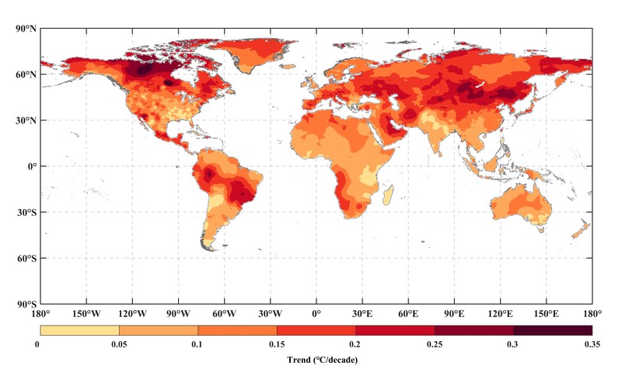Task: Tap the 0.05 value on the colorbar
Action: tap(118, 343)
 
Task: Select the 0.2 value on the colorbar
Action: tap(355, 343)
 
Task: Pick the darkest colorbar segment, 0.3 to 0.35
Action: tap(552, 330)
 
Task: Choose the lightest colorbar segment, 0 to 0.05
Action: tap(79, 330)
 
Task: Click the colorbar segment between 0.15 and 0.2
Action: tap(316, 330)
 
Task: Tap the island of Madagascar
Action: tap(388, 195)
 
